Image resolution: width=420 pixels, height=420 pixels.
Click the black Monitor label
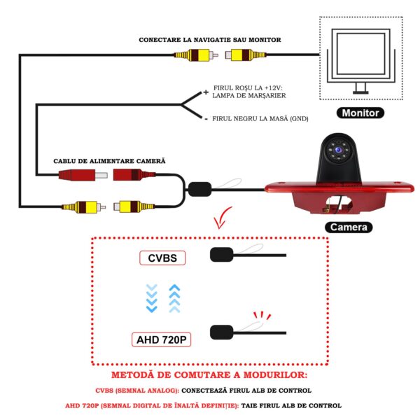pyautogui.click(x=361, y=113)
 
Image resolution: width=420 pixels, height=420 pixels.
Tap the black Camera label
pyautogui.click(x=349, y=227)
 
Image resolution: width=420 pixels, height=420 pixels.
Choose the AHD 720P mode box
pyautogui.click(x=162, y=340)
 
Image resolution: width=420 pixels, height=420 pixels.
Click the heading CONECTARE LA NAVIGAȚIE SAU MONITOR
pyautogui.click(x=210, y=40)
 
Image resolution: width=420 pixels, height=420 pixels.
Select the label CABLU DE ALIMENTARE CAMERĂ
pyautogui.click(x=110, y=161)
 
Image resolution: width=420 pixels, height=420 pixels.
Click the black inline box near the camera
pyautogui.click(x=199, y=188)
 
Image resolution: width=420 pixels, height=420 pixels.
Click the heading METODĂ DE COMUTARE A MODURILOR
pyautogui.click(x=209, y=376)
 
